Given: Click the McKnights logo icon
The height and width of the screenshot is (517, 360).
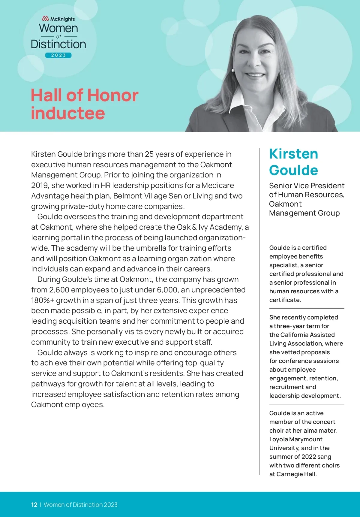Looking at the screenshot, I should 45,19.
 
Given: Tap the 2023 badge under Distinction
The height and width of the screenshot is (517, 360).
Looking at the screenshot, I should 58,55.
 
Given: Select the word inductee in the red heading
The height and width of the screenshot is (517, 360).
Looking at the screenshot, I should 68,113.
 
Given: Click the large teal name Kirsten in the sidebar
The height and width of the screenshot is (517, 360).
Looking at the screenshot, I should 293,154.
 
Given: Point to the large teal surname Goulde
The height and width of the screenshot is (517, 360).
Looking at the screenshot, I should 293,170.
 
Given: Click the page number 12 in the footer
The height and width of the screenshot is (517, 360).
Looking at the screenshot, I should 34,505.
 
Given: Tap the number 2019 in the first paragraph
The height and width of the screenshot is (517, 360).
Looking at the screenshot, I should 40,186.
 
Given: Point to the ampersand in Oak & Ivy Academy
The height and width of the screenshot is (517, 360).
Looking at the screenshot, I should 194,227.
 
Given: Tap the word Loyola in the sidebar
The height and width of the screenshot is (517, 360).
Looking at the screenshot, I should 279,439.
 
